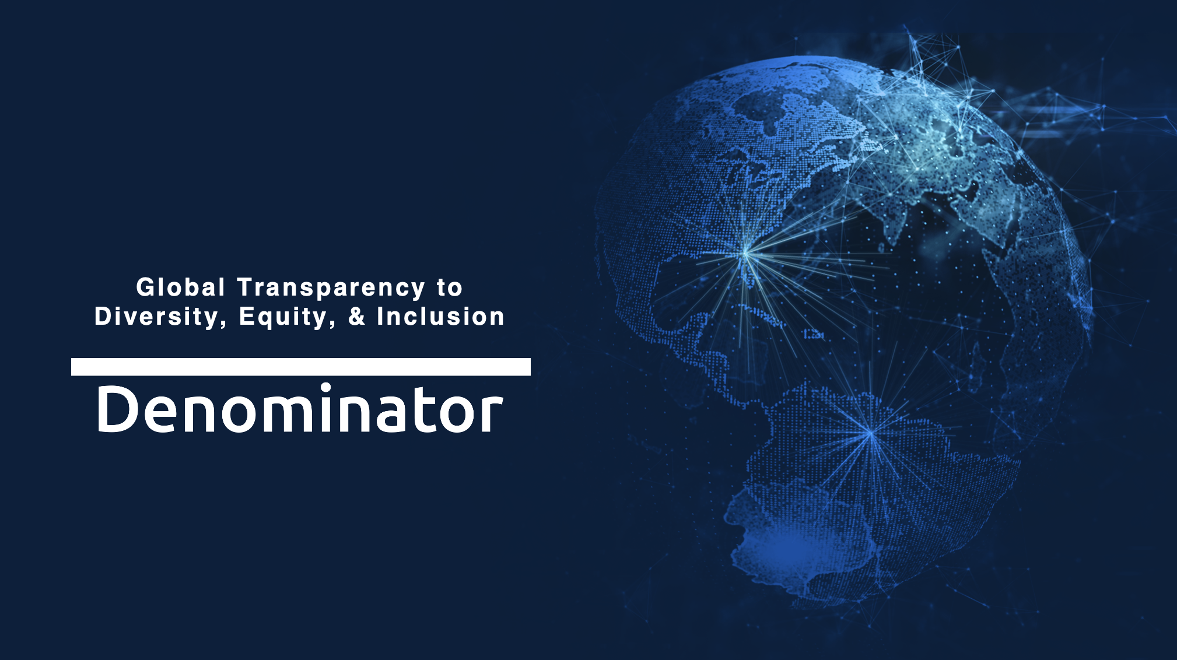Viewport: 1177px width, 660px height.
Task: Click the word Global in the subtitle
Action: [x=180, y=287]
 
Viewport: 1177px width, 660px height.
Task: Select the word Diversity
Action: [x=156, y=317]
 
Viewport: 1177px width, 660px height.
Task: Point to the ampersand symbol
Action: [x=357, y=317]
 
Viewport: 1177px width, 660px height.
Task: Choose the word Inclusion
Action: [x=440, y=317]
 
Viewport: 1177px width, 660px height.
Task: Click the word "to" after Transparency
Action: [x=449, y=287]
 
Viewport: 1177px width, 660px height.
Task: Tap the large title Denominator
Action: [x=300, y=408]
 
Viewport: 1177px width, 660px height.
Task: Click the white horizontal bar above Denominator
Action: [x=301, y=367]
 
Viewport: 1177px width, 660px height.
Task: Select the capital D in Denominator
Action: [x=118, y=409]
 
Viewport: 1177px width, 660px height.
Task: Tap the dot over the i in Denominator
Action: [x=325, y=388]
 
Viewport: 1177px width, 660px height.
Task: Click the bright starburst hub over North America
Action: [x=746, y=254]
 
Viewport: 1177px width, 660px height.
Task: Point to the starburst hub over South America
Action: [x=870, y=433]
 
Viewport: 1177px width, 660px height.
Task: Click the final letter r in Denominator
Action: [x=492, y=413]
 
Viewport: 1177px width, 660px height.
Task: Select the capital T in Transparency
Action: [x=246, y=287]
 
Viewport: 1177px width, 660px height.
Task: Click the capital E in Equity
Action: [x=247, y=317]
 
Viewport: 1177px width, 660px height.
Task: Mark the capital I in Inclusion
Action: [x=380, y=317]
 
